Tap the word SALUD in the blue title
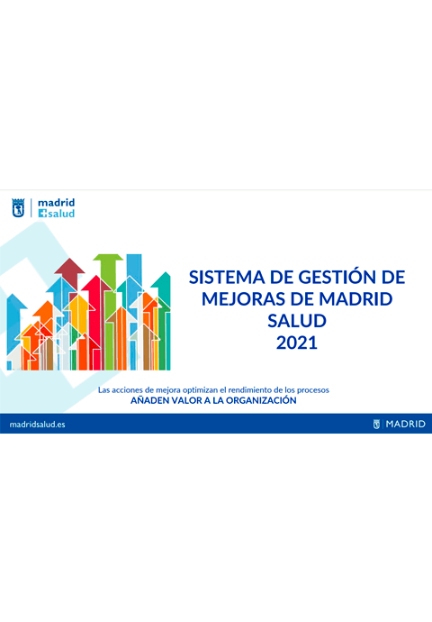coord(297,320)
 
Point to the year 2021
coord(297,343)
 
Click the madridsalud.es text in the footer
coord(37,424)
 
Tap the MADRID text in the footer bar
coord(405,424)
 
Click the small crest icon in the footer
coord(377,424)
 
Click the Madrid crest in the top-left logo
coord(18,209)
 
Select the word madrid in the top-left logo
coord(56,204)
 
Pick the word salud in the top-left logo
coord(59,215)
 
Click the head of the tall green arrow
coord(108,262)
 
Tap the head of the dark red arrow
coord(69,267)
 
